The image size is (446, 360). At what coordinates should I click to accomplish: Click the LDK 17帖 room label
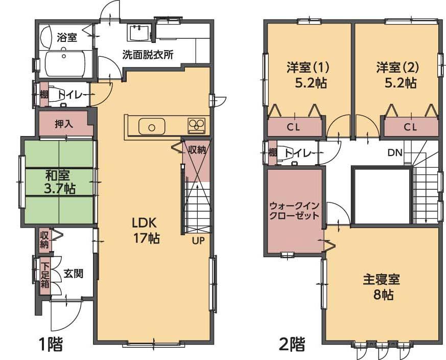147,230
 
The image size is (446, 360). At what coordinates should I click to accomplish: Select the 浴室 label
66,37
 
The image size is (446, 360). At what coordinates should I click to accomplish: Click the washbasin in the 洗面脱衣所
138,33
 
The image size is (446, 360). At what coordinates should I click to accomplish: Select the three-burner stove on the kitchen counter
197,125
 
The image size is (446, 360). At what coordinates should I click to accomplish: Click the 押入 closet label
64,124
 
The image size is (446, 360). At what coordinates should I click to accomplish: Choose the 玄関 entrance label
74,274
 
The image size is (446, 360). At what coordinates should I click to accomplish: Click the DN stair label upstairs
394,152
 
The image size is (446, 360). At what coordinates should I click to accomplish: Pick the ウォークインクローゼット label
294,210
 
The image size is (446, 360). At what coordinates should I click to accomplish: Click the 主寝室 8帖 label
381,287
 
